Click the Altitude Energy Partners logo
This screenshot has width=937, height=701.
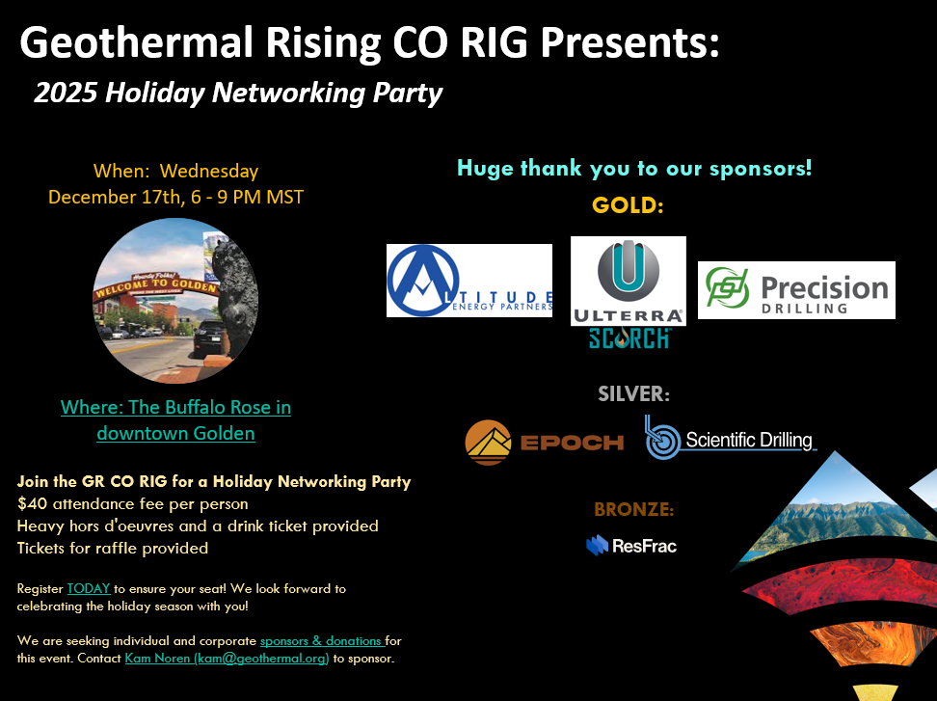click(x=468, y=281)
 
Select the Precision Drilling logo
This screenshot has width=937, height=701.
click(x=796, y=289)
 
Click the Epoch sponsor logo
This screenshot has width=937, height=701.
click(x=544, y=442)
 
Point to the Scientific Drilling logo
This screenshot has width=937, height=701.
click(x=731, y=439)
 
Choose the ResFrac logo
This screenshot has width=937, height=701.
click(x=631, y=546)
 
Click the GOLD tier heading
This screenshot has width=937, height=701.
click(x=629, y=205)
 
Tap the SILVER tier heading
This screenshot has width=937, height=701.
click(x=633, y=393)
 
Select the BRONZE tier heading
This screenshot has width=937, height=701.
click(x=633, y=509)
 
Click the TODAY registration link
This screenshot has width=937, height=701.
click(x=89, y=588)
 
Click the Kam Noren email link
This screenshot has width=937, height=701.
click(x=228, y=659)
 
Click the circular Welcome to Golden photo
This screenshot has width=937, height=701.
click(x=175, y=301)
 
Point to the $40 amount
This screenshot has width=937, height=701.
click(x=31, y=503)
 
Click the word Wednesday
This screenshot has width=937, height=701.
click(x=209, y=172)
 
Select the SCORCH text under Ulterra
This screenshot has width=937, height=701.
click(x=629, y=338)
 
